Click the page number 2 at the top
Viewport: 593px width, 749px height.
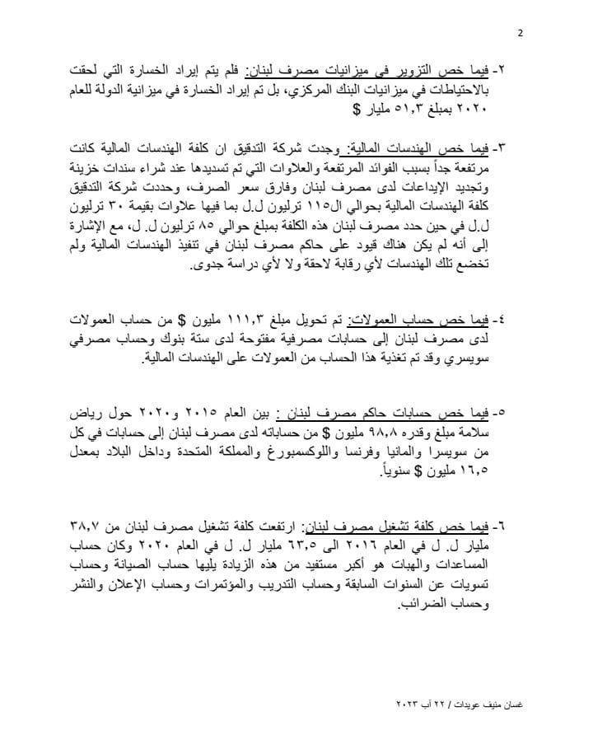pos(520,34)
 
